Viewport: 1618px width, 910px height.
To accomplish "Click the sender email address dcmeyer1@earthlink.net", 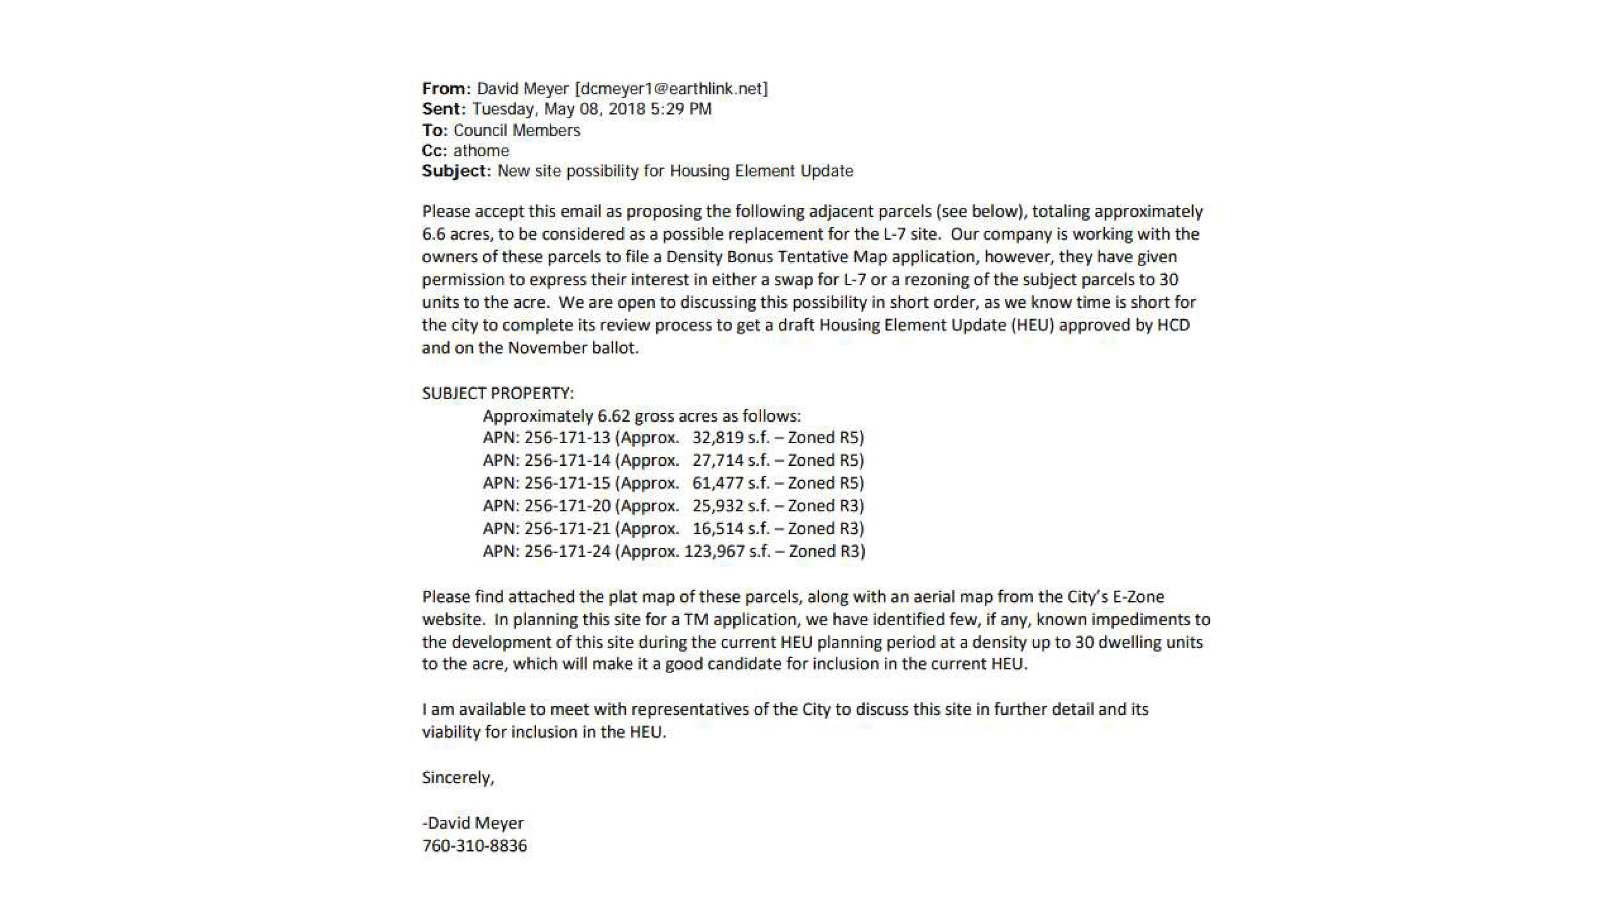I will coord(671,89).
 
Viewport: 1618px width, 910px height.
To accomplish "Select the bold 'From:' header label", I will coord(446,89).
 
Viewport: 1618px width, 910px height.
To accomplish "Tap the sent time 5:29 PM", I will coord(681,109).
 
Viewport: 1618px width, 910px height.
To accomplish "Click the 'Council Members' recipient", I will coord(516,130).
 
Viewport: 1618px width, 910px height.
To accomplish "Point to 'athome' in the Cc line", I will coord(481,151).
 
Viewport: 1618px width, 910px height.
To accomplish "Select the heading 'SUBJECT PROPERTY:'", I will coord(497,393).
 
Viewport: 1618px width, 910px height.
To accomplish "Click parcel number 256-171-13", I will coord(567,438).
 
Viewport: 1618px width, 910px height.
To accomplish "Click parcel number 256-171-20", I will coord(567,506).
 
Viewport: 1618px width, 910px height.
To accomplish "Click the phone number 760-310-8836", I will coord(474,845).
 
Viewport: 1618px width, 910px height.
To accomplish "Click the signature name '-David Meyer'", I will coord(472,823).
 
